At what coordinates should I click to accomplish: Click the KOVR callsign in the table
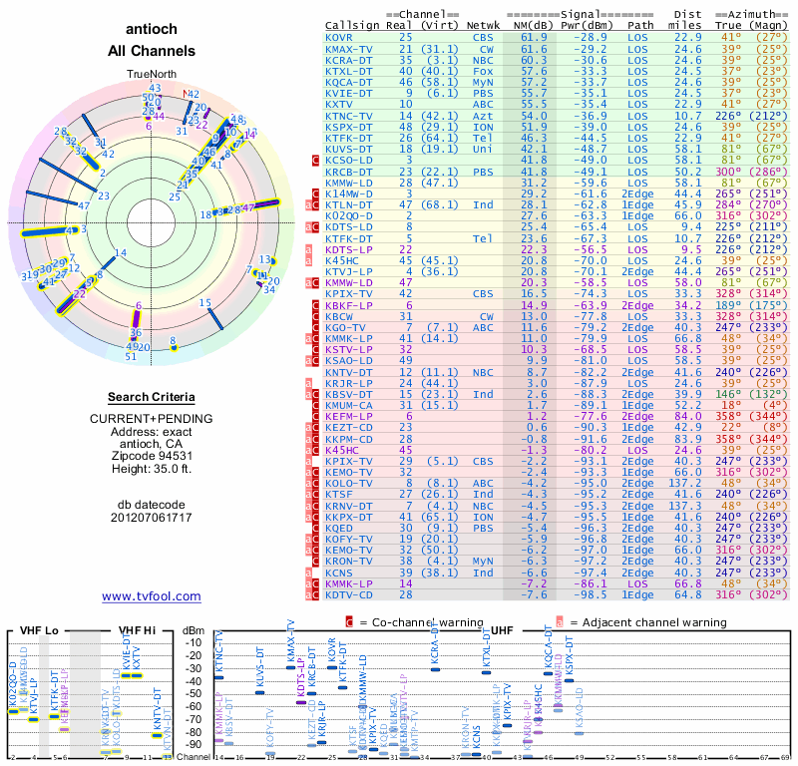tap(339, 37)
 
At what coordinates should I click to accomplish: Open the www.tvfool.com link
tap(152, 596)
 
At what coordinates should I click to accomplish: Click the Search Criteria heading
tap(152, 397)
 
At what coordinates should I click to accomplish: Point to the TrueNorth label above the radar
tap(152, 75)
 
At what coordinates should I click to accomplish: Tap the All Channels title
tap(152, 50)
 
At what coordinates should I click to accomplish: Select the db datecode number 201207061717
tap(152, 517)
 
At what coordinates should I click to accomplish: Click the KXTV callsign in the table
tap(339, 103)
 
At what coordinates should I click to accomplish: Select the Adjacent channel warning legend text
tap(647, 621)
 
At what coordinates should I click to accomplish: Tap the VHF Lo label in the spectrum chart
tap(37, 631)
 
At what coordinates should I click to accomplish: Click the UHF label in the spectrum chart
tap(503, 631)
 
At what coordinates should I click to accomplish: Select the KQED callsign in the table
tap(339, 528)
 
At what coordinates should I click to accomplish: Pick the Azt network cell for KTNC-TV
tap(484, 115)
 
